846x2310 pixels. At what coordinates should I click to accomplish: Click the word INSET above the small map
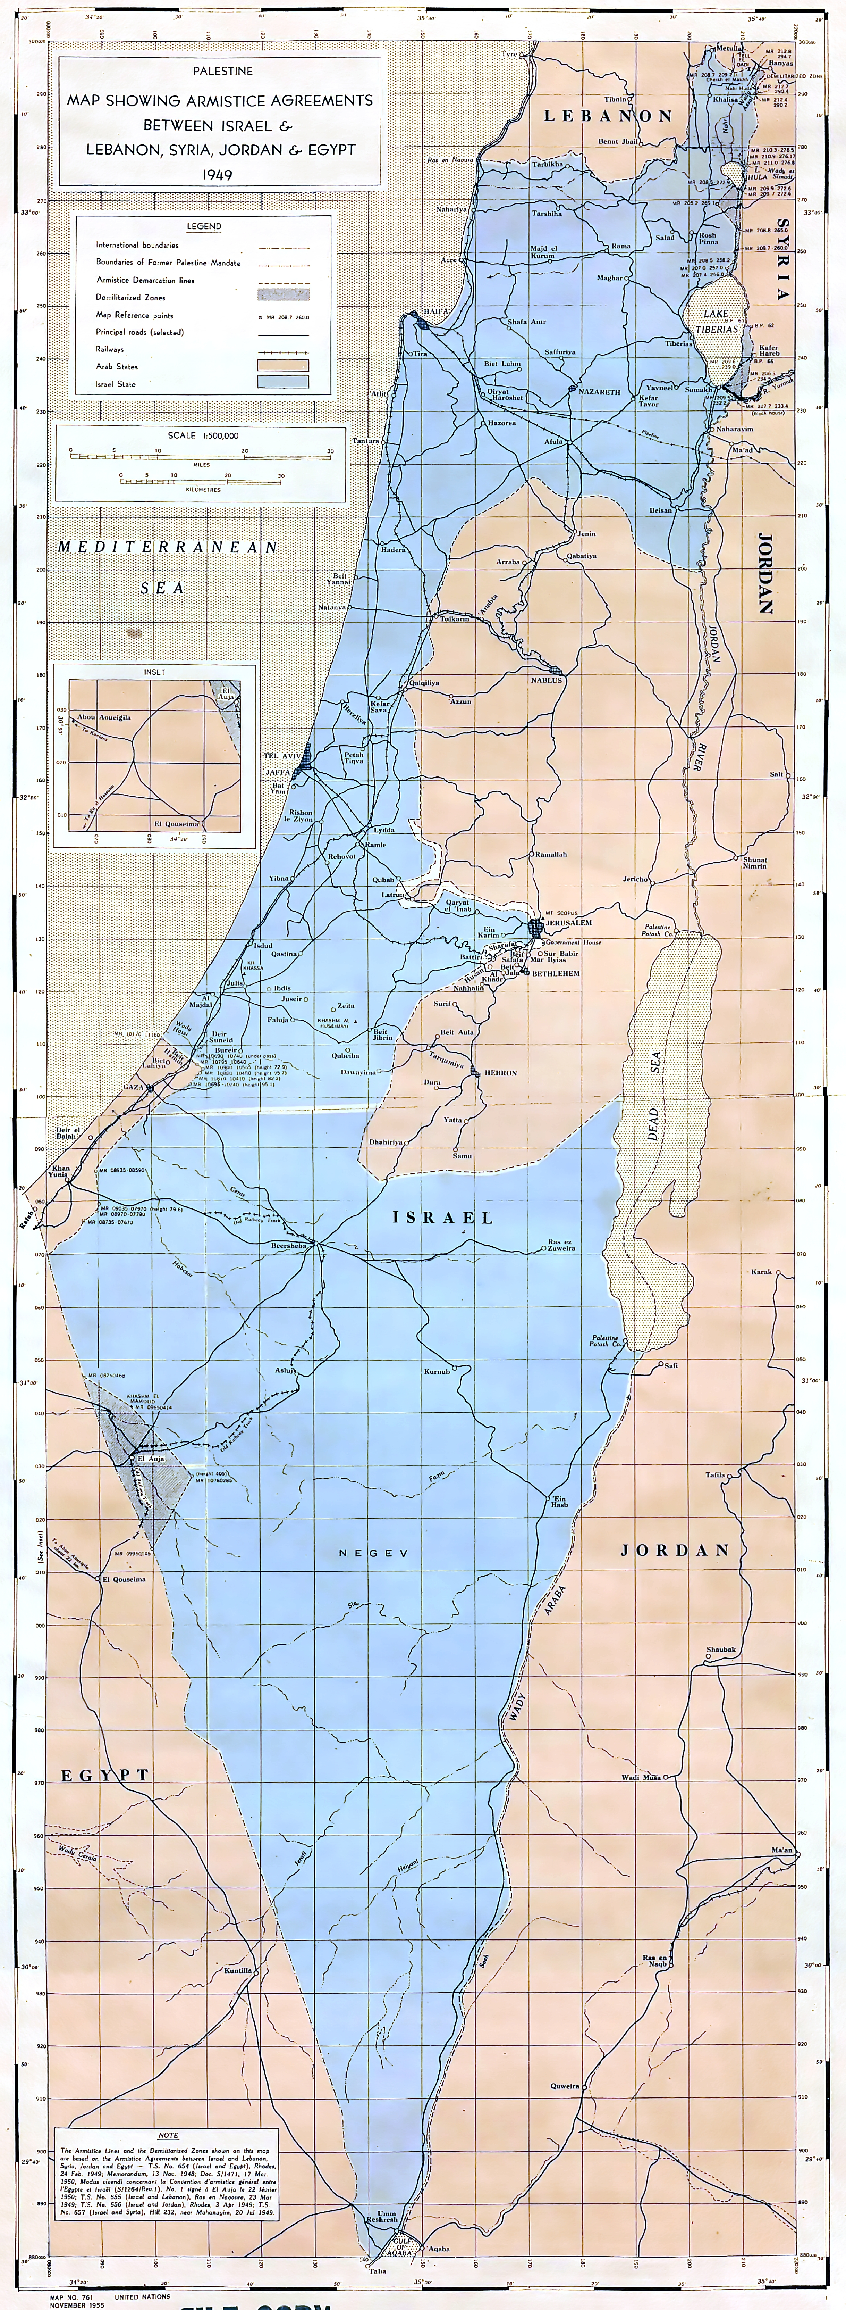(x=154, y=671)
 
